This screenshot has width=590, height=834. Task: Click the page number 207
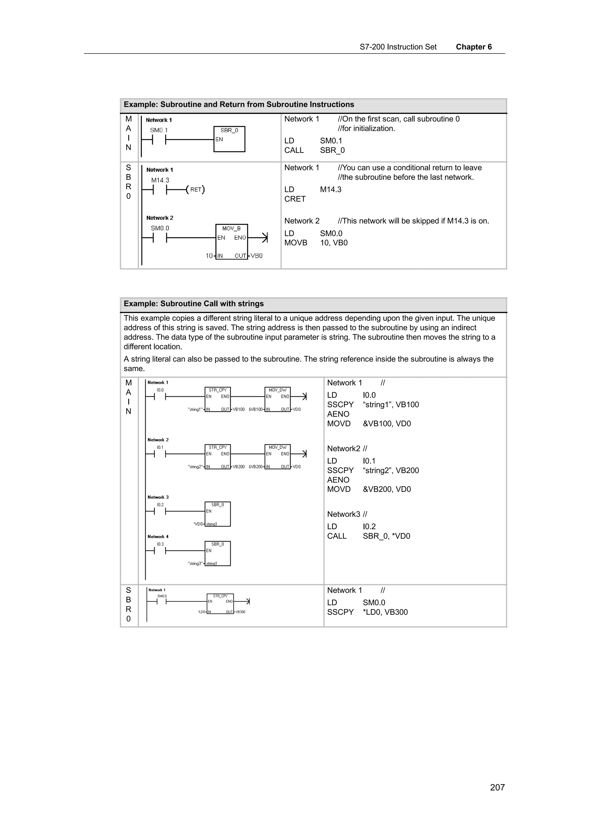tap(497, 787)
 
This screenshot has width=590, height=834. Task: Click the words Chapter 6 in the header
tap(473, 47)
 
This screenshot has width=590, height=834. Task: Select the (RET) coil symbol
tap(195, 190)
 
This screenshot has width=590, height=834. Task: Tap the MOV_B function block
tap(231, 241)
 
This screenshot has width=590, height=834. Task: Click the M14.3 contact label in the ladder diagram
tap(160, 180)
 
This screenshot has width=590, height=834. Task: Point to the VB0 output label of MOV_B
tap(256, 256)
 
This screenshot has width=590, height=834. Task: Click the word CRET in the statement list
tap(295, 199)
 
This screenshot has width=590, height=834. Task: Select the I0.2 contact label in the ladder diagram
tap(160, 504)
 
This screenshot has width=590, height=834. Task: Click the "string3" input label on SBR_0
tap(195, 563)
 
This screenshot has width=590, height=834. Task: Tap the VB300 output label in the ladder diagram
tap(240, 612)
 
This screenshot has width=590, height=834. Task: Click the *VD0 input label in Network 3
tap(198, 524)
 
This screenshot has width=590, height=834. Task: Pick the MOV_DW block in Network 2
tap(277, 457)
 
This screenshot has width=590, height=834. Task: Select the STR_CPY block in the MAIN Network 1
tap(218, 399)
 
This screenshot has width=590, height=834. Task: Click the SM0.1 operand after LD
tap(331, 141)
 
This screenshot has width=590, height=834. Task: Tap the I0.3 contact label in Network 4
tap(160, 544)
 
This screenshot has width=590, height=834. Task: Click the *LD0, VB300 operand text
tap(385, 612)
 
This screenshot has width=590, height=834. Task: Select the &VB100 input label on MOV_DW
tap(256, 409)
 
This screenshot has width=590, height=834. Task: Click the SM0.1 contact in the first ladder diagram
tap(159, 139)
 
